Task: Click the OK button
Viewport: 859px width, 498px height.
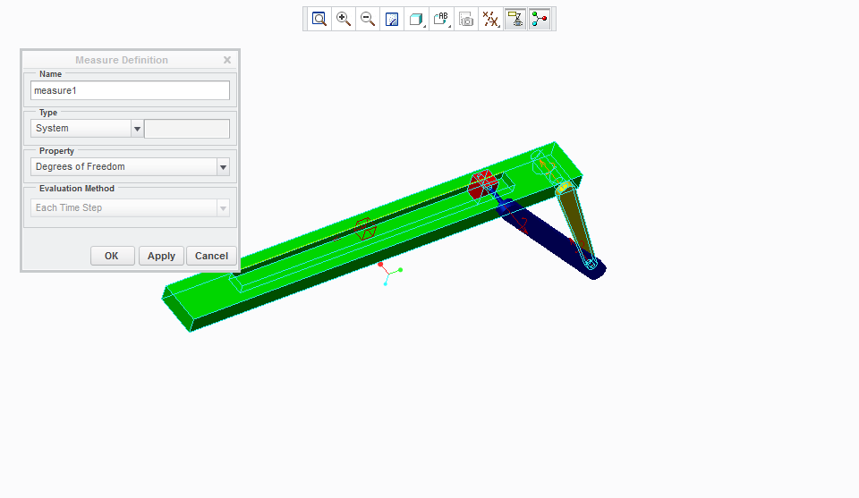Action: tap(113, 256)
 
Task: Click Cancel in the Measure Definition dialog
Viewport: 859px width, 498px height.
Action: tap(211, 256)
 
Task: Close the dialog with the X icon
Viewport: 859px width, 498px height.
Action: tap(227, 60)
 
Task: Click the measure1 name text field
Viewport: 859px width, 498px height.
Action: tap(130, 90)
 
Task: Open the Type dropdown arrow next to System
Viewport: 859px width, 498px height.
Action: tap(137, 129)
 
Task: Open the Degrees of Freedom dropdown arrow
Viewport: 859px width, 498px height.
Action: tap(223, 167)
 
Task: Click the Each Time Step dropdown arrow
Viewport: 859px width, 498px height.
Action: tap(223, 208)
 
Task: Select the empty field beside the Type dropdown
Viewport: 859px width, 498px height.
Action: tap(187, 129)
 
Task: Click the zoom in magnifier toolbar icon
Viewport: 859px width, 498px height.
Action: tap(344, 19)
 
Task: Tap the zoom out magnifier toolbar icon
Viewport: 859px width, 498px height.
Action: tap(368, 19)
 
